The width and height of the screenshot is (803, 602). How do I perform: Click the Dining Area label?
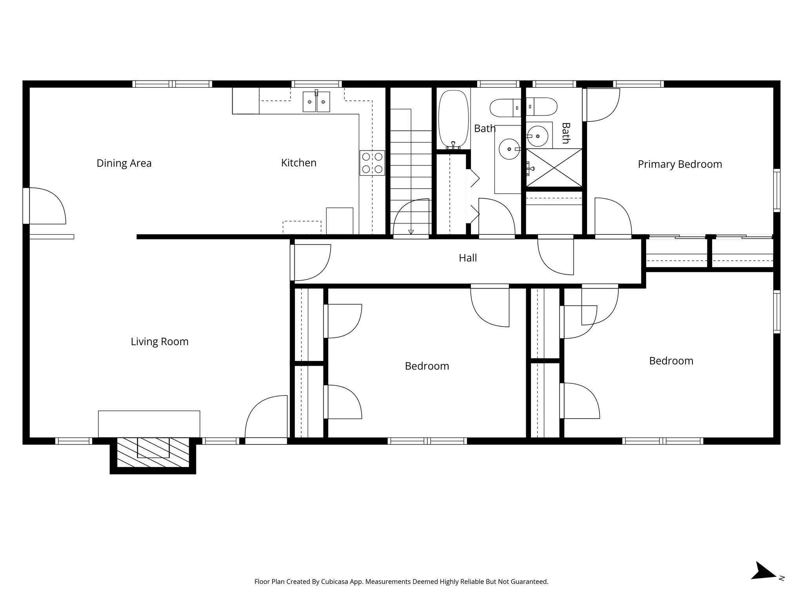click(x=124, y=163)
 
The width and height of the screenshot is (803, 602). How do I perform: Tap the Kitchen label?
click(x=298, y=163)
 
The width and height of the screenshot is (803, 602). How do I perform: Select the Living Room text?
click(x=160, y=341)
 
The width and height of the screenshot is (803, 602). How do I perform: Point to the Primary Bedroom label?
click(x=679, y=164)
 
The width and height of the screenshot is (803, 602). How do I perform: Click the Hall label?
click(x=467, y=258)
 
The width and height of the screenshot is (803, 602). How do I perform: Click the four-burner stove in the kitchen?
click(x=372, y=163)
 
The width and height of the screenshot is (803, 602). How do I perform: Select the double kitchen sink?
click(x=316, y=102)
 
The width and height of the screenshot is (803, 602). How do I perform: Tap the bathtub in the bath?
click(x=453, y=119)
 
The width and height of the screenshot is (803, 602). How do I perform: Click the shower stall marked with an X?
click(x=554, y=167)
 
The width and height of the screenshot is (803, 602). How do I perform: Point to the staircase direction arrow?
click(x=411, y=232)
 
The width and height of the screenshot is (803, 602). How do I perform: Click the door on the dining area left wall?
click(x=45, y=206)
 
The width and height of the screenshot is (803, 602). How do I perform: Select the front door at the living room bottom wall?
click(x=266, y=419)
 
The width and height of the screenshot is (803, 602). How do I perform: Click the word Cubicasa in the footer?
click(x=335, y=582)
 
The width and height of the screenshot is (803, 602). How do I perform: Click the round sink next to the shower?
click(x=537, y=136)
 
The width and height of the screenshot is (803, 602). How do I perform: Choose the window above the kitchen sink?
click(x=316, y=84)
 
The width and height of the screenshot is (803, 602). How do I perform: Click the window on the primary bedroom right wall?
click(x=776, y=190)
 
